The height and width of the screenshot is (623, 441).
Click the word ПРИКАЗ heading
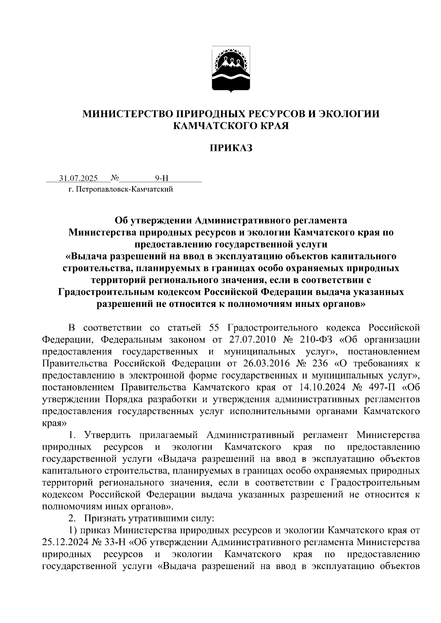tap(231, 148)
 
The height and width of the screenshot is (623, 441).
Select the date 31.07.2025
tap(78, 179)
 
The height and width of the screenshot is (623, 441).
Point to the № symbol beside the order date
tap(115, 179)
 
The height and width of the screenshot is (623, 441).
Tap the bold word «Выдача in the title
tap(86, 256)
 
